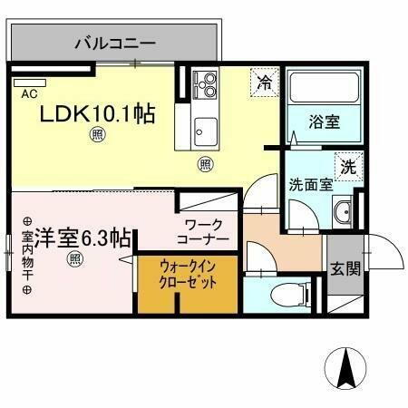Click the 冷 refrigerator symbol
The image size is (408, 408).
pyautogui.click(x=264, y=82)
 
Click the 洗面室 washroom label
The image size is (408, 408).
pyautogui.click(x=311, y=183)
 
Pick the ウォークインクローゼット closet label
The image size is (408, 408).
pyautogui.click(x=187, y=275)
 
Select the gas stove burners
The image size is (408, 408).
pyautogui.click(x=205, y=87)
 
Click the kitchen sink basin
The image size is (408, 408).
pyautogui.click(x=203, y=127)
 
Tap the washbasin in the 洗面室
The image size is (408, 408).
pyautogui.click(x=343, y=214)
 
